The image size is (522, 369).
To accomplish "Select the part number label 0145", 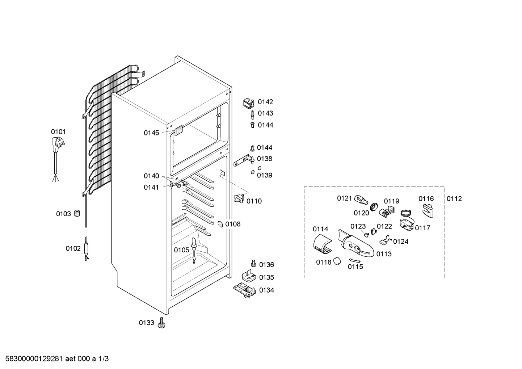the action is pyautogui.click(x=151, y=133).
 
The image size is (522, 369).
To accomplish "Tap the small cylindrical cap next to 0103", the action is pyautogui.click(x=77, y=213).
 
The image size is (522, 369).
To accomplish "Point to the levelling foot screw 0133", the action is pyautogui.click(x=161, y=323).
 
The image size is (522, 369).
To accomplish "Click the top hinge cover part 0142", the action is pyautogui.click(x=249, y=103).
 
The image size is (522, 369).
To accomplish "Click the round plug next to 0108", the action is pyautogui.click(x=220, y=224).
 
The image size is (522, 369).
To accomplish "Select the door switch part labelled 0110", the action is pyautogui.click(x=239, y=198).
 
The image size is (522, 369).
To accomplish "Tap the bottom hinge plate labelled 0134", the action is pyautogui.click(x=245, y=290).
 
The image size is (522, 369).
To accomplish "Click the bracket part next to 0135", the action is pyautogui.click(x=249, y=276).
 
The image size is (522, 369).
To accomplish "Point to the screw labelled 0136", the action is pyautogui.click(x=253, y=263).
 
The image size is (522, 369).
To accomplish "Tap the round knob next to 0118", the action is pyautogui.click(x=337, y=261).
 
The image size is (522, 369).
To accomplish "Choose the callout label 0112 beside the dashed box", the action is pyautogui.click(x=454, y=198).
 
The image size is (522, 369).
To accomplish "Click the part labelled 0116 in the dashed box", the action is pyautogui.click(x=428, y=211).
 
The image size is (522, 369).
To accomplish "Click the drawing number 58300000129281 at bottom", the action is pyautogui.click(x=34, y=359).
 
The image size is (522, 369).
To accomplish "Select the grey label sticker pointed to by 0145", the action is pyautogui.click(x=178, y=131).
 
